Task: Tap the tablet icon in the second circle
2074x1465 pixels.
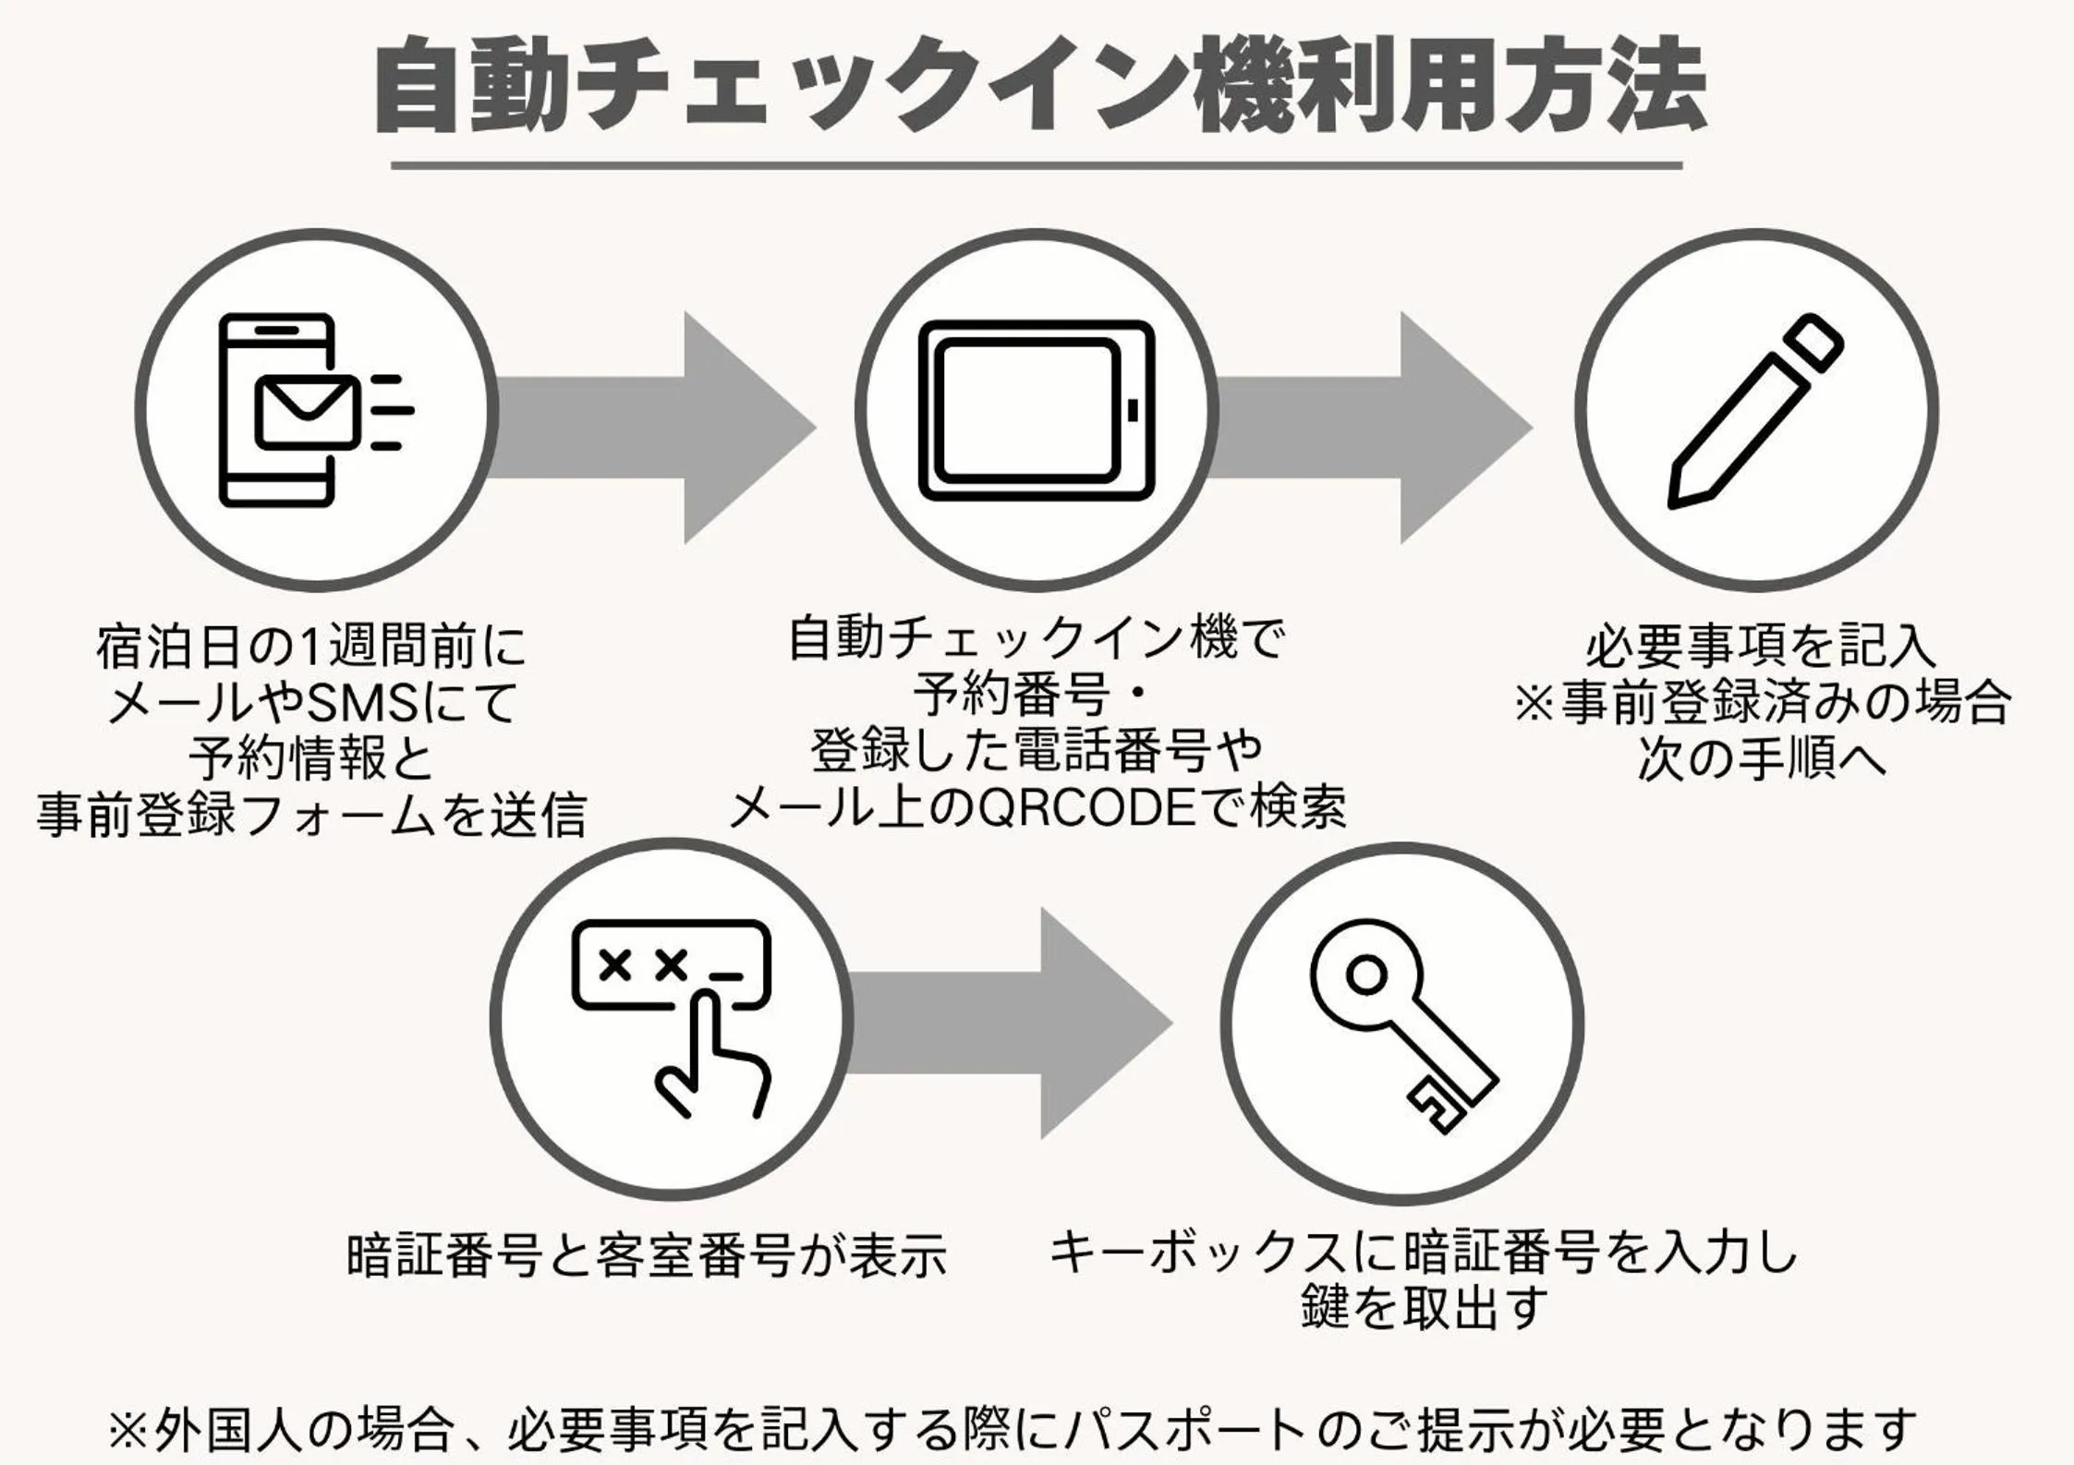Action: (1037, 410)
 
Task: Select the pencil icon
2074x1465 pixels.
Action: (1754, 411)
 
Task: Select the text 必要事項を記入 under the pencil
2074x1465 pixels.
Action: (1760, 647)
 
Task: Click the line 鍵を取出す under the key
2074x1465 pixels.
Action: (1424, 1308)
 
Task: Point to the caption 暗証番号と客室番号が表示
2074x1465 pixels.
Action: (646, 1255)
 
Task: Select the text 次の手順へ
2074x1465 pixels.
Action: (1760, 759)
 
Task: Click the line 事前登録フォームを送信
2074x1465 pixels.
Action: (312, 816)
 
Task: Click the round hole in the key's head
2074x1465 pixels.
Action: (1365, 975)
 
